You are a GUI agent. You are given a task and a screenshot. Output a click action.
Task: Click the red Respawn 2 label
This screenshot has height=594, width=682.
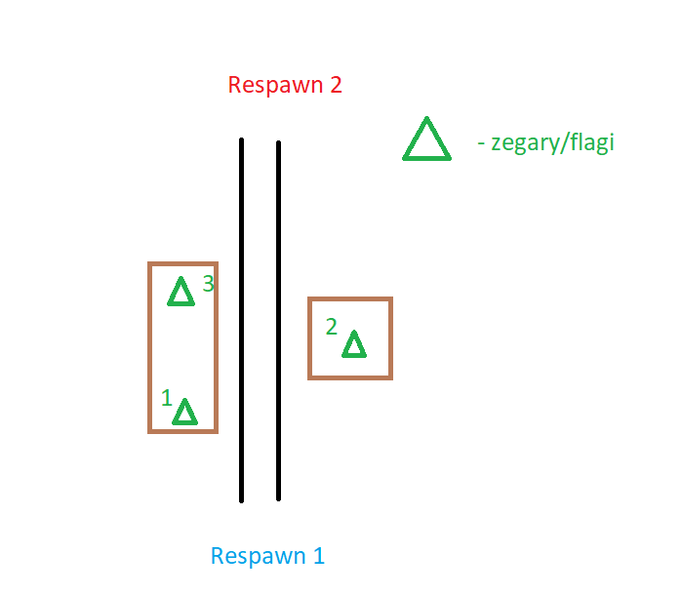[x=285, y=85]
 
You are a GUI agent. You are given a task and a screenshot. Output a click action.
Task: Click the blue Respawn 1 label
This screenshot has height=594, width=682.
[x=267, y=556]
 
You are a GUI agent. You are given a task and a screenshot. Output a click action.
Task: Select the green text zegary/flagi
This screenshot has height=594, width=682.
[x=552, y=143]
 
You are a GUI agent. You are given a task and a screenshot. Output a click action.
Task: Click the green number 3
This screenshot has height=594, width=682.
[x=209, y=284]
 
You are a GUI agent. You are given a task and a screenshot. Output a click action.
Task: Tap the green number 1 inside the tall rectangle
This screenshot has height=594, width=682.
[x=167, y=398]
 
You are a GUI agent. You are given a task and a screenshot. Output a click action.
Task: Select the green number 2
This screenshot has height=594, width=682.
[x=332, y=327]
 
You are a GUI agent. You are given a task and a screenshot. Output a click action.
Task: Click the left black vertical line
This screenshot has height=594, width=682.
[x=241, y=321]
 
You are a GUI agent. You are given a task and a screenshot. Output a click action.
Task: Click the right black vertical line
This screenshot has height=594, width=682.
[x=278, y=321]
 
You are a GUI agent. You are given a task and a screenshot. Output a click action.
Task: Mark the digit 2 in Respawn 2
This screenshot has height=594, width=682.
[x=337, y=85]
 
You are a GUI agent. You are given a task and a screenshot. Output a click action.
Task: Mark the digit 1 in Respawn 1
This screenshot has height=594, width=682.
[x=319, y=556]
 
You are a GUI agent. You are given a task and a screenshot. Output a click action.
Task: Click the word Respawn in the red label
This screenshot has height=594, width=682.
[x=276, y=86]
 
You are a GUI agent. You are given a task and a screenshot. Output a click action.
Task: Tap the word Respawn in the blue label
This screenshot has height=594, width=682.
[x=259, y=557]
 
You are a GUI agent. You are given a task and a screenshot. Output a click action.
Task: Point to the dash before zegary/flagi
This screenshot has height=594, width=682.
[x=481, y=143]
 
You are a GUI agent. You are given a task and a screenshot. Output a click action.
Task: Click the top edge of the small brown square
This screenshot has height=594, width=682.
[x=350, y=298]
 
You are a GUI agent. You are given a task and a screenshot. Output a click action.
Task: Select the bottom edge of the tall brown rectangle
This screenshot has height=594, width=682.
[x=182, y=431]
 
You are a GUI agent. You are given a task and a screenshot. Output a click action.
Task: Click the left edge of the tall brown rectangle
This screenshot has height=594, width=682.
[x=150, y=347]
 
